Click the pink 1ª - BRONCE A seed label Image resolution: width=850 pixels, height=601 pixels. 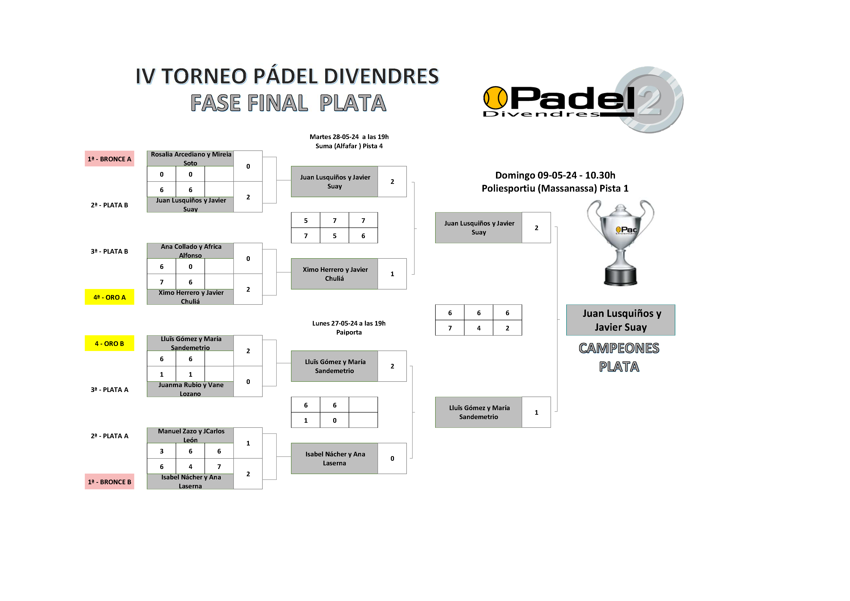109,159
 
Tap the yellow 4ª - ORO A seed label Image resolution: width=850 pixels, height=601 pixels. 109,297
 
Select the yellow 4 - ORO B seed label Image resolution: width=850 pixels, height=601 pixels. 109,343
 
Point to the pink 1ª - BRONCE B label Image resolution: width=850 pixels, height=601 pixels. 109,482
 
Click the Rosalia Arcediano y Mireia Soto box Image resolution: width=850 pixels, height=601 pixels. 190,158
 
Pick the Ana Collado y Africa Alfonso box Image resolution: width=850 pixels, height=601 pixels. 190,250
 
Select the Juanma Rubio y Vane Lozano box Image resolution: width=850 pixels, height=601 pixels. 190,389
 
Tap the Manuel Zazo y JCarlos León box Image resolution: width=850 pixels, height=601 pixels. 190,435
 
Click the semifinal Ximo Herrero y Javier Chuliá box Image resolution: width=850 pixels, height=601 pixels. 334,274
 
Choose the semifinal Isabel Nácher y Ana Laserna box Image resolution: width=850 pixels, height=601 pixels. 334,459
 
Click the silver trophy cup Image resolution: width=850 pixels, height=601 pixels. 621,242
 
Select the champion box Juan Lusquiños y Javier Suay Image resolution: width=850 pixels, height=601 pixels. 621,320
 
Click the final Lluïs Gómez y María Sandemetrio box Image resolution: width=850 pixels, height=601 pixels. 479,412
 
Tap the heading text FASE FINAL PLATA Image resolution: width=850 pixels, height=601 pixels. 288,103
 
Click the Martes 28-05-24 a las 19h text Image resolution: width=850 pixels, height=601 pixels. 349,137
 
